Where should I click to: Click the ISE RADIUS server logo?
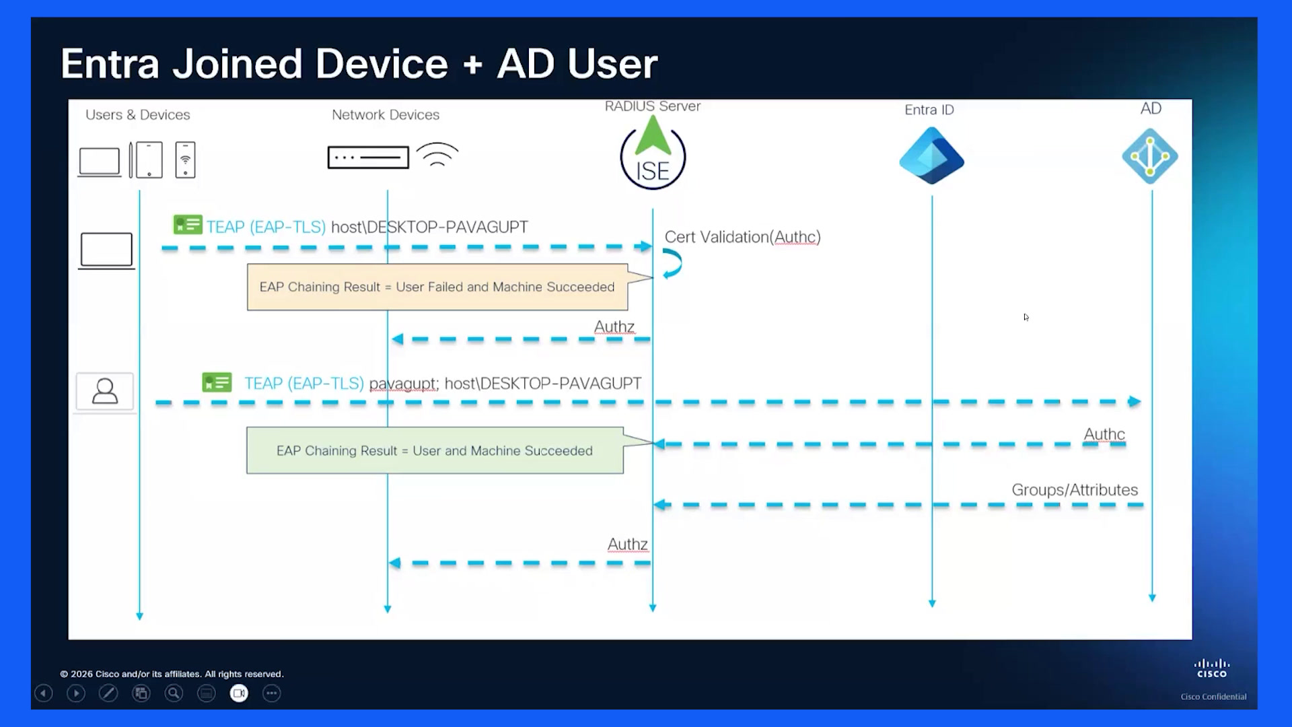point(653,153)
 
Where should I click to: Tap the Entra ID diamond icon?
point(931,156)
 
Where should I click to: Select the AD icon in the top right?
point(1150,156)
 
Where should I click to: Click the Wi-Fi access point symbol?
point(437,154)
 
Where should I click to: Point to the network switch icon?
point(368,158)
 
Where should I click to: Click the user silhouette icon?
point(105,391)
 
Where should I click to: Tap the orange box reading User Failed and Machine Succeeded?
point(437,287)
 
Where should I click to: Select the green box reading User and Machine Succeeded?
point(435,450)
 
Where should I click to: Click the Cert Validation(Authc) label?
point(743,237)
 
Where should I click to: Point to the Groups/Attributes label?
point(1075,490)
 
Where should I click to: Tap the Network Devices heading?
point(386,115)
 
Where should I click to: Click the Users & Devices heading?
point(138,115)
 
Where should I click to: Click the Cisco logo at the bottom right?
point(1212,668)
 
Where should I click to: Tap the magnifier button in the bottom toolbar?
point(174,693)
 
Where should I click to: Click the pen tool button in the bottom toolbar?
point(108,693)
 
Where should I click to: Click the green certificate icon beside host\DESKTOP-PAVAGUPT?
point(188,225)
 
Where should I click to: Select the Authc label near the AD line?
point(1104,434)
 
